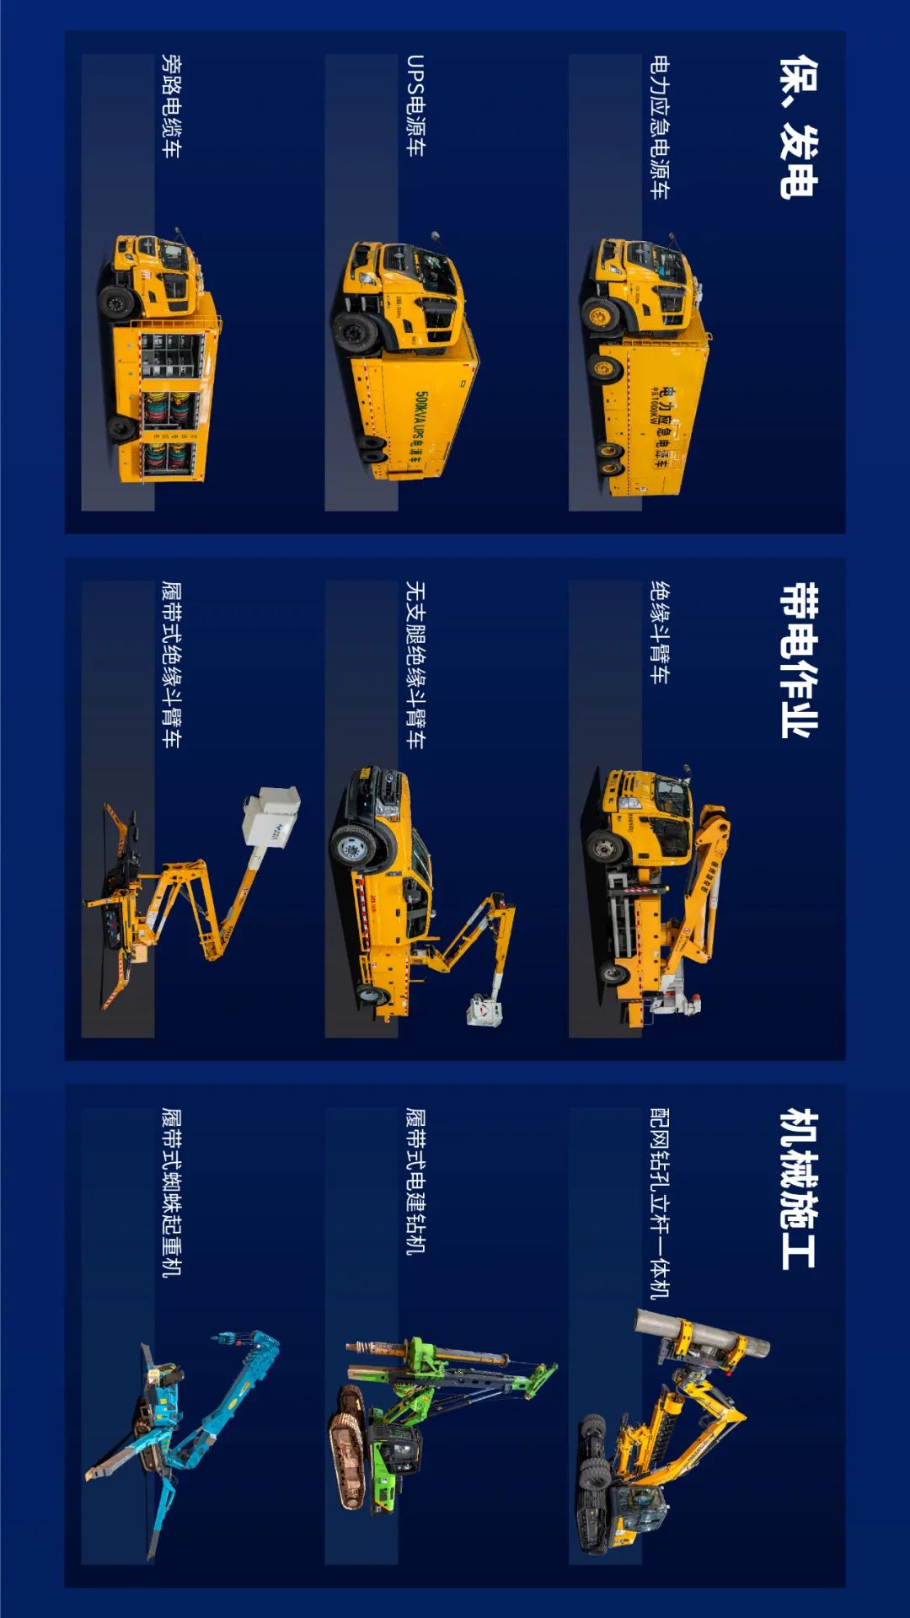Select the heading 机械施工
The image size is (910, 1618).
(797, 1188)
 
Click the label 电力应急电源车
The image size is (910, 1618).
(660, 127)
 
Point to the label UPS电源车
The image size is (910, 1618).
(415, 105)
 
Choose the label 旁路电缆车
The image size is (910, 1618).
(171, 106)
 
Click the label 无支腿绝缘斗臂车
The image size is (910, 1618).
(415, 665)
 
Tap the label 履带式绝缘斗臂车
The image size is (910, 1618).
(171, 665)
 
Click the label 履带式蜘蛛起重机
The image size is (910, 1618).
(171, 1192)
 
